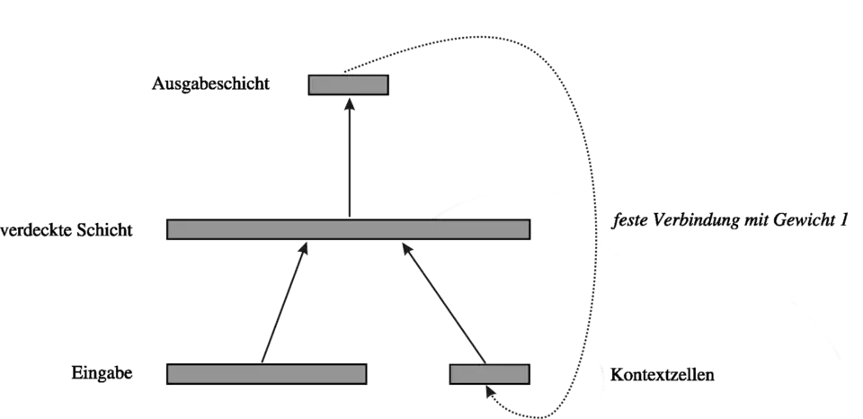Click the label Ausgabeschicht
pos(211,85)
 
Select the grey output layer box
pos(348,85)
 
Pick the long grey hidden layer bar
pos(348,229)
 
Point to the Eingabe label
pos(105,372)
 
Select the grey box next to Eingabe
pos(267,373)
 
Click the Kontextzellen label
pos(663,375)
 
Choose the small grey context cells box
pos(490,373)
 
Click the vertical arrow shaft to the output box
pos(348,162)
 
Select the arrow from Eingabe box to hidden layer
pos(283,306)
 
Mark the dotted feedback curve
pos(589,180)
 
